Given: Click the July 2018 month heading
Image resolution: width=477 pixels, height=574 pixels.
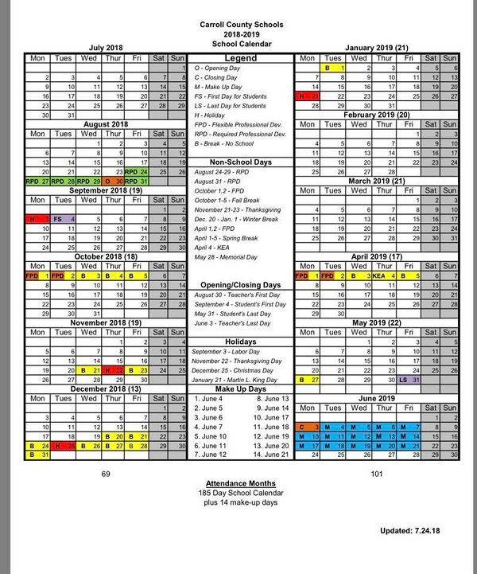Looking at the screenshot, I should coord(106,48).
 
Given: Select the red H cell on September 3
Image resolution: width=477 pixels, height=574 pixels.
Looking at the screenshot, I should coord(37,219).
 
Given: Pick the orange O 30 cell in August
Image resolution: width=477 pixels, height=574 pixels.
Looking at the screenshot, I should coord(114,181).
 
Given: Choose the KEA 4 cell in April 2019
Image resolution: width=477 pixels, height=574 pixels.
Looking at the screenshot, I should coord(384,275).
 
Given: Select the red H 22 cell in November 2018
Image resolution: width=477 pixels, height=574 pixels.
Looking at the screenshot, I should coord(114,370).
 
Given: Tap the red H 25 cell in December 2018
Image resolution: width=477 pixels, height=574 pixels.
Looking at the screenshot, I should coord(63,446).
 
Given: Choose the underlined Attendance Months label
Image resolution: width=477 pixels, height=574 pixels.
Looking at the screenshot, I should coord(240,483).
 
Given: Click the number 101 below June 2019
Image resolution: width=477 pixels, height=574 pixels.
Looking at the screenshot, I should coord(377,473).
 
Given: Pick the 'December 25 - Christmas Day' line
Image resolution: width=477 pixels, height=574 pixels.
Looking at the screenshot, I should coord(234,371).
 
